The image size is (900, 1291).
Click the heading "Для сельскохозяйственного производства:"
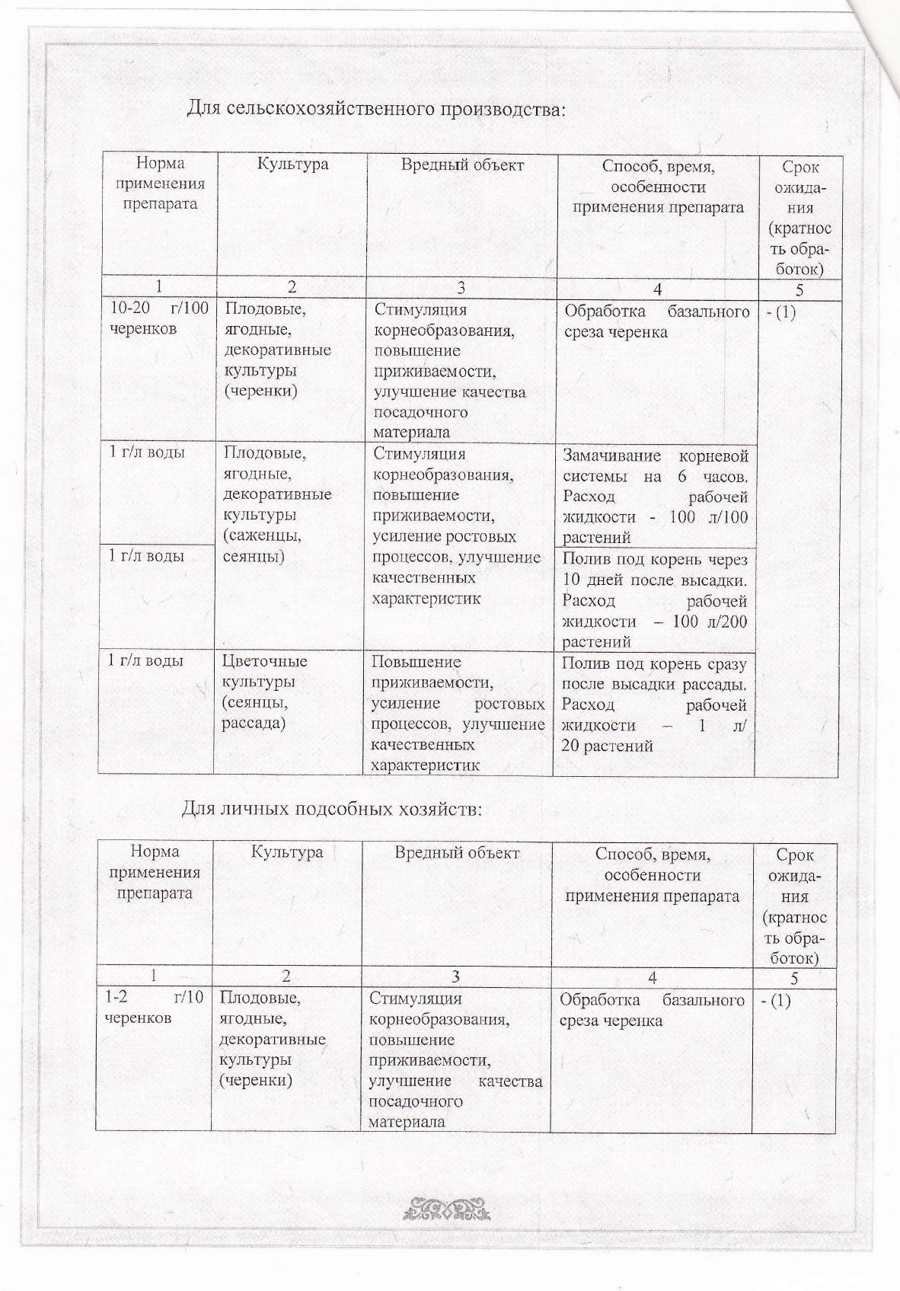[377, 108]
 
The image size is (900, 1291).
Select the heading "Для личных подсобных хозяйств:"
[331, 808]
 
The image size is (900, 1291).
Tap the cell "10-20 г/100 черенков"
[159, 320]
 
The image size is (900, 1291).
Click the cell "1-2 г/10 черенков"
[154, 1008]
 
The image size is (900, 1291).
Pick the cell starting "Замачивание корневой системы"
[655, 496]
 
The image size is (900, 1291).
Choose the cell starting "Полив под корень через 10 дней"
[655, 600]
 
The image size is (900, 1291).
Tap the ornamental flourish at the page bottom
[450, 1209]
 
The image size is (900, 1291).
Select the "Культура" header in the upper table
[292, 164]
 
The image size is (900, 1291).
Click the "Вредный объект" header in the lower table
[457, 852]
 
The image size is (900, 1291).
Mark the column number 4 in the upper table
[657, 289]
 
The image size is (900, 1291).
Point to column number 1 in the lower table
[155, 977]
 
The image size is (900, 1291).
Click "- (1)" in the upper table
[780, 312]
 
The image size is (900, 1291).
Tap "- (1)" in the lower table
[776, 1000]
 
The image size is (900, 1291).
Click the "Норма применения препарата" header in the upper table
[161, 184]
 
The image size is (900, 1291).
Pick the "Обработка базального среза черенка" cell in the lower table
[652, 1009]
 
